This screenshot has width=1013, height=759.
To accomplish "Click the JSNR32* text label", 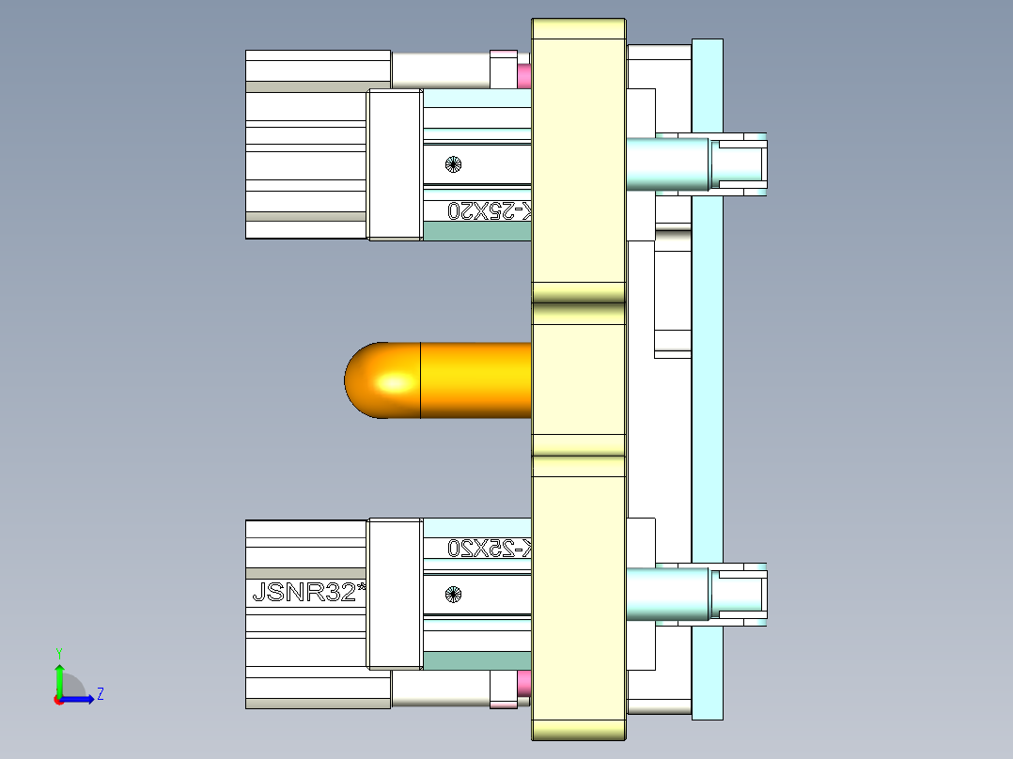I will click(x=308, y=593).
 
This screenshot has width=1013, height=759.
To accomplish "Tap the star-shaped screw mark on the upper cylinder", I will click(x=453, y=164).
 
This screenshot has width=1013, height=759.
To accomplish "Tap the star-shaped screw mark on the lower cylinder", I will click(x=453, y=594).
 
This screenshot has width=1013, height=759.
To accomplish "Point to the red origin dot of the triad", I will click(x=59, y=699).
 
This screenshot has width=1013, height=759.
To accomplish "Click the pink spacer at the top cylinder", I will click(x=524, y=74).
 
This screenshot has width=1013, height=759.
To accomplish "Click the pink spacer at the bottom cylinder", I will click(x=524, y=684).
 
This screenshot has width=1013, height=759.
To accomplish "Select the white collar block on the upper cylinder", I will click(x=395, y=164).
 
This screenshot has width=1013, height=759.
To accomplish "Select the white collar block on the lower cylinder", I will click(x=395, y=594).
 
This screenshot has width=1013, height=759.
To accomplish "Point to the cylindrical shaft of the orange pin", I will click(x=475, y=380).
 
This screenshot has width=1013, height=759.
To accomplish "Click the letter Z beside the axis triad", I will click(x=100, y=694).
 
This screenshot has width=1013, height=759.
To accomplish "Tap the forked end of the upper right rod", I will click(x=742, y=163).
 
